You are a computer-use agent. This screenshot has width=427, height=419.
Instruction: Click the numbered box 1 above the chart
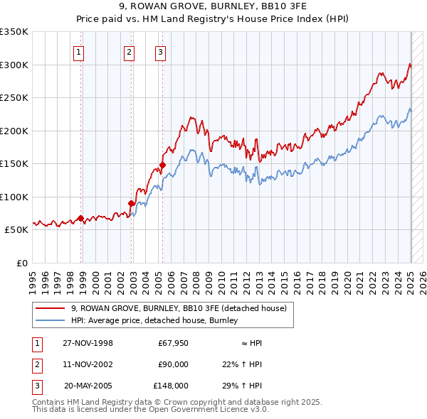(78, 51)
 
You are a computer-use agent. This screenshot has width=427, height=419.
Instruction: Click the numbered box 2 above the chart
(129, 51)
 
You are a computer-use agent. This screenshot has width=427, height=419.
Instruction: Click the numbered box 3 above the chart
(160, 51)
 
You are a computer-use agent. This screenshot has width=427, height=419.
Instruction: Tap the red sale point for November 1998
(80, 218)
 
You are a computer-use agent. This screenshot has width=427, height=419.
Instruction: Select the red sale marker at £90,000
(131, 203)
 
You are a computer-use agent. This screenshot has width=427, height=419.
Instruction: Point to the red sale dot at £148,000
(162, 165)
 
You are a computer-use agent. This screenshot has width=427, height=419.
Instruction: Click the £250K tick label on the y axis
(14, 98)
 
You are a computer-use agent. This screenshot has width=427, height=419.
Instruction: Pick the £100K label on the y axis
(14, 197)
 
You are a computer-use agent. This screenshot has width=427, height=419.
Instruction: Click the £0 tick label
(21, 263)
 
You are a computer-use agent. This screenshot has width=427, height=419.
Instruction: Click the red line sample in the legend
(50, 308)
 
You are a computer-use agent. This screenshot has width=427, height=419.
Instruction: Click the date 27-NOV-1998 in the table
(88, 343)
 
